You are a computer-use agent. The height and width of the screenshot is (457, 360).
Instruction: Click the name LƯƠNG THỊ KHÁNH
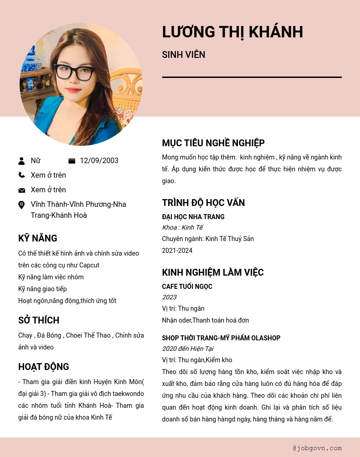(232, 32)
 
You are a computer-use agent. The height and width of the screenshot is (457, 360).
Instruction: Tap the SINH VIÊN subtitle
(184, 55)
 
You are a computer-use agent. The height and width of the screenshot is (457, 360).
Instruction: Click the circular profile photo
(81, 84)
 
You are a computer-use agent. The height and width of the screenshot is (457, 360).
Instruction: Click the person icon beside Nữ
(21, 161)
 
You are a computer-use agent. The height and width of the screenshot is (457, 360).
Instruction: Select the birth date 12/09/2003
(99, 160)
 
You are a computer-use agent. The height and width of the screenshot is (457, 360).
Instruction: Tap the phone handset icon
(21, 175)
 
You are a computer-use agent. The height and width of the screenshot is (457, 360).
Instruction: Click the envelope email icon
(21, 190)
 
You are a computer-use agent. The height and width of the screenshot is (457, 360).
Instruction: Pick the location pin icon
(21, 205)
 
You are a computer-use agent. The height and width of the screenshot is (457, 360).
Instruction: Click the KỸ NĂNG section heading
(38, 238)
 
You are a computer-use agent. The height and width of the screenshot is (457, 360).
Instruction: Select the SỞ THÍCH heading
(39, 320)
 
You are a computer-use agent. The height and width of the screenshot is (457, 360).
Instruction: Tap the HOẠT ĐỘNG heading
(44, 367)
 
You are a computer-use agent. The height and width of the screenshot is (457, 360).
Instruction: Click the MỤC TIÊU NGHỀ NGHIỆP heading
(213, 143)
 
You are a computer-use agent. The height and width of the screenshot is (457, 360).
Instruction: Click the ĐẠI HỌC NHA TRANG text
(193, 217)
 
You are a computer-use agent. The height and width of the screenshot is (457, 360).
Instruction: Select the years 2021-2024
(177, 251)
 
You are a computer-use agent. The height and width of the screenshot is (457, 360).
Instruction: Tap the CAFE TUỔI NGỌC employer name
(187, 287)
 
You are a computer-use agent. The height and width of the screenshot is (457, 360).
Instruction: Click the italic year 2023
(170, 297)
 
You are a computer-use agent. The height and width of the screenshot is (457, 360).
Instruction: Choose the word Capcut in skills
(89, 265)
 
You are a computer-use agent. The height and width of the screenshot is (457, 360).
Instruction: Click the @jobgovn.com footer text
(317, 448)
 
